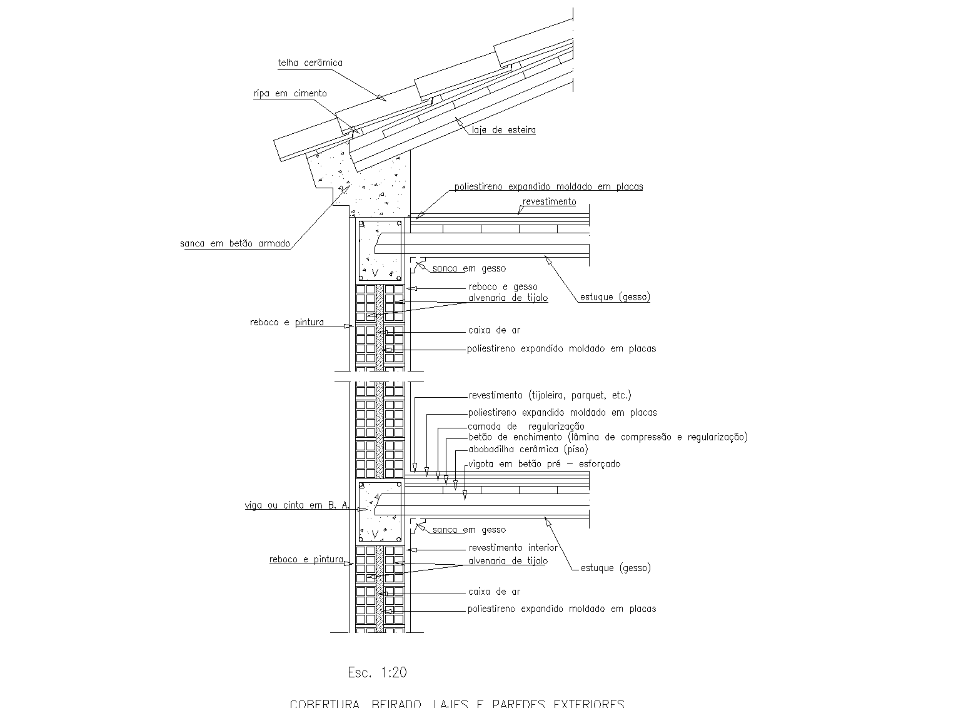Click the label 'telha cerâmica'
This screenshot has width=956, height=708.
click(310, 63)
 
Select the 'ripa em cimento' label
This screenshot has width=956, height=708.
click(289, 93)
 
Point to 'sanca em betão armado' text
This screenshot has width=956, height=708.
click(235, 243)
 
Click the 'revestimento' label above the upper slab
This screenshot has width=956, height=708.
click(549, 201)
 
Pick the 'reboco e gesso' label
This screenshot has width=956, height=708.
click(503, 286)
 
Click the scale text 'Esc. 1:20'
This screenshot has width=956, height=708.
click(377, 672)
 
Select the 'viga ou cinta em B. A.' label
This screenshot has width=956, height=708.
click(296, 505)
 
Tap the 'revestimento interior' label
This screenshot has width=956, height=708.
click(513, 548)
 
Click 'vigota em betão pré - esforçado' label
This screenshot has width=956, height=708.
click(544, 464)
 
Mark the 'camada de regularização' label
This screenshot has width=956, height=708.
click(526, 427)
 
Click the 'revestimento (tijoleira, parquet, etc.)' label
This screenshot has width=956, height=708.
click(550, 395)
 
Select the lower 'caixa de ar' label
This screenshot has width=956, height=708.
click(494, 591)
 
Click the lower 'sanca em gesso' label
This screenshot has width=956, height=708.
click(469, 530)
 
